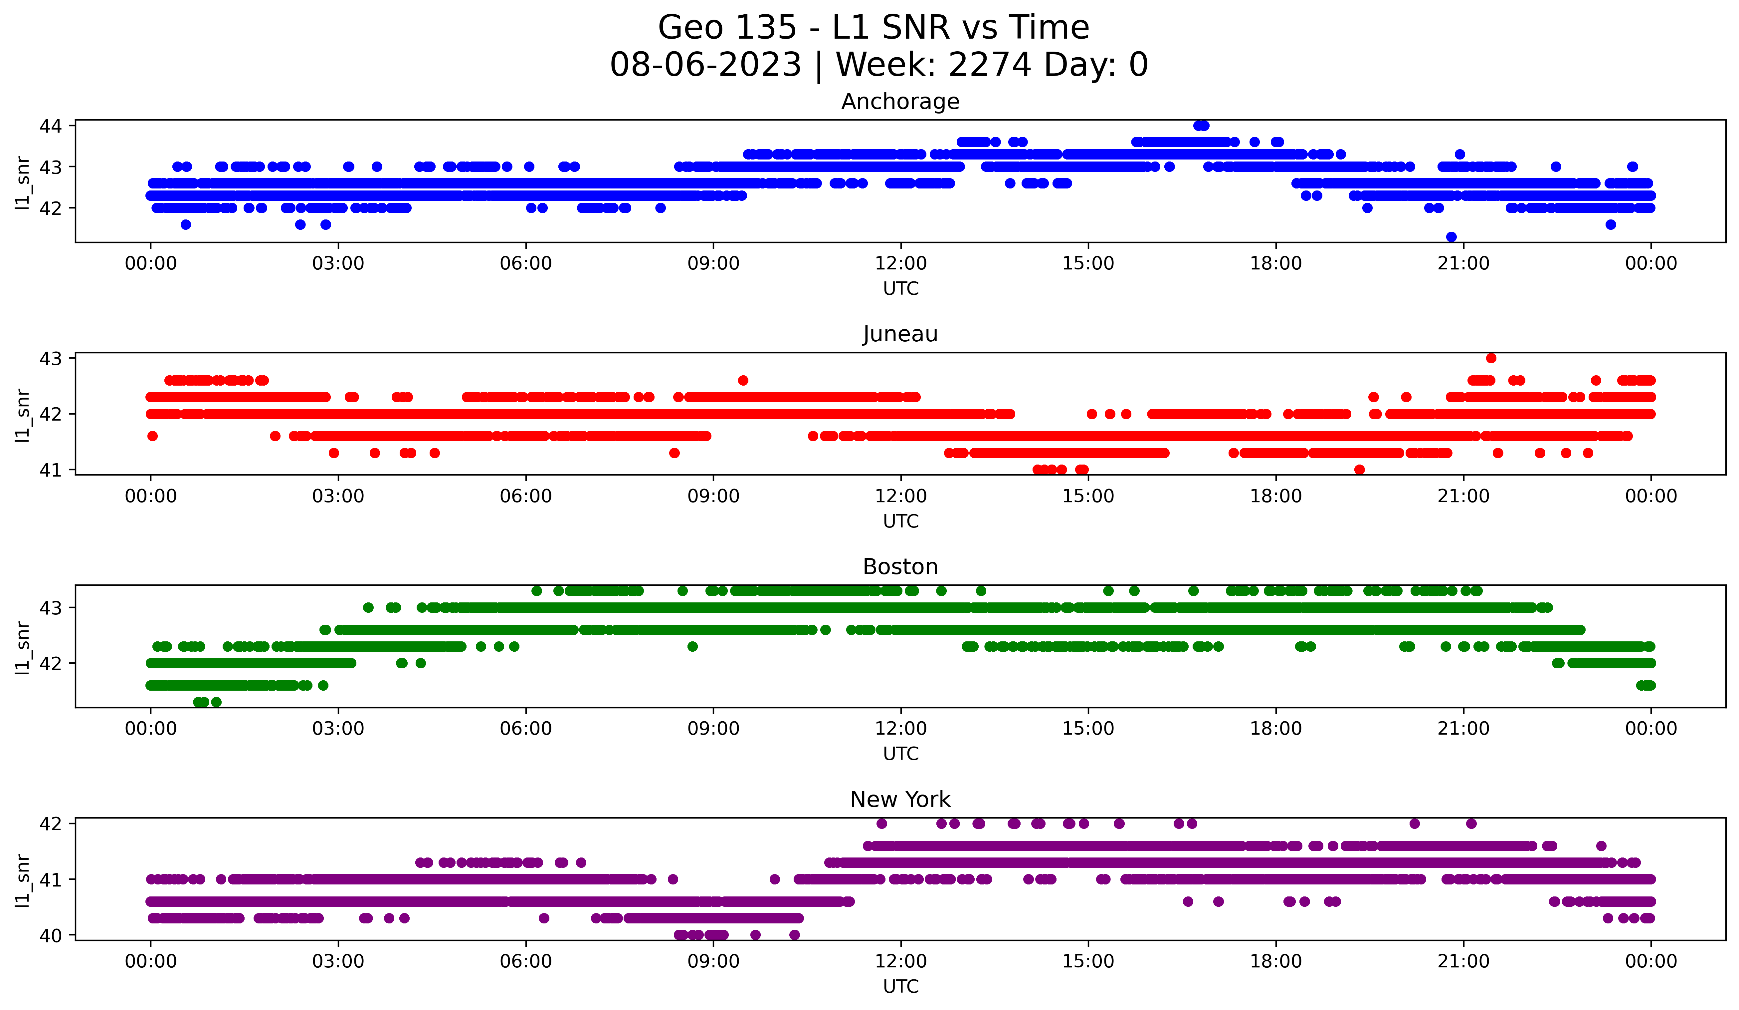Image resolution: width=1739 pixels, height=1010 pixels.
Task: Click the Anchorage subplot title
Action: [x=900, y=102]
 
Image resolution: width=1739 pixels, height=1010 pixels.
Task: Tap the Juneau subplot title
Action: [x=900, y=334]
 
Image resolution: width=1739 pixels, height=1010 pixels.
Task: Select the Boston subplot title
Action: [x=900, y=567]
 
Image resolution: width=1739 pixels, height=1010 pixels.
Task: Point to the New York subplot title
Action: [x=900, y=800]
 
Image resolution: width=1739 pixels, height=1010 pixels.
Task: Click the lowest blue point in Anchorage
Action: [x=1451, y=237]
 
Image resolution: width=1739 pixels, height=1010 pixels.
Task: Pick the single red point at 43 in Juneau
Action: [x=1491, y=358]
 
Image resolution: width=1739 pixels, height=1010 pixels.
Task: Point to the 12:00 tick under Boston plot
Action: [x=900, y=728]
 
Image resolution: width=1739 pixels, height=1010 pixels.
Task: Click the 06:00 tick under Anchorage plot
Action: [x=526, y=263]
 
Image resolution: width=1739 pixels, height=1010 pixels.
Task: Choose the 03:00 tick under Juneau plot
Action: [x=338, y=496]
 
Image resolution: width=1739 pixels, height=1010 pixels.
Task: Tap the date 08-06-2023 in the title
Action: [x=705, y=65]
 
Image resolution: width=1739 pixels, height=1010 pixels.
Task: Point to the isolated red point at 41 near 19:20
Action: [x=1359, y=470]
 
